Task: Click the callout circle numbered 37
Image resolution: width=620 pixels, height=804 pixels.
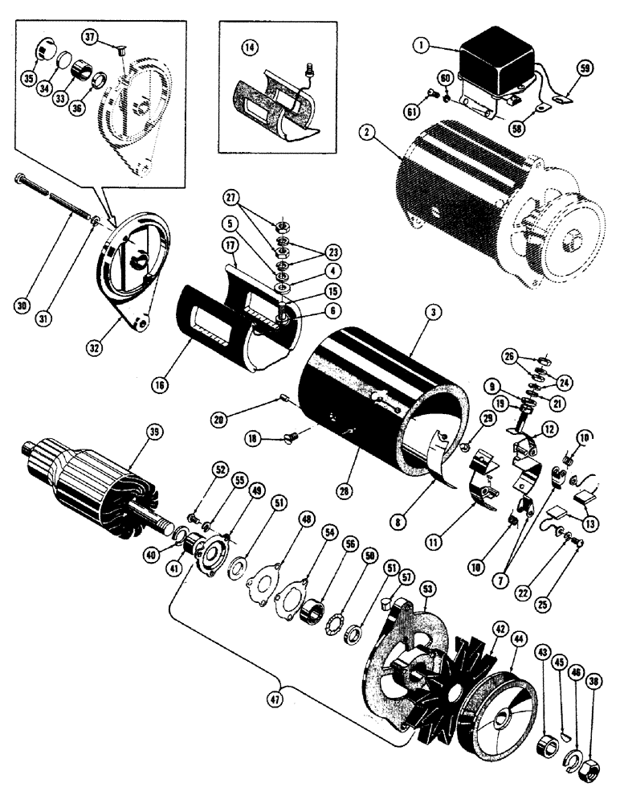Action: pos(90,38)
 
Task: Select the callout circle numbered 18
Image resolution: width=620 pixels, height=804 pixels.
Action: pos(255,439)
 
